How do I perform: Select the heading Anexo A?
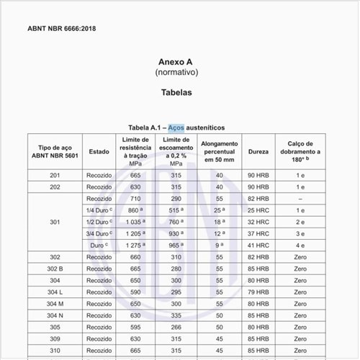(x=176, y=62)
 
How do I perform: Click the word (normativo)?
(x=176, y=73)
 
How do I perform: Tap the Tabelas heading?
(x=176, y=93)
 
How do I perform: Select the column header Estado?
(x=99, y=152)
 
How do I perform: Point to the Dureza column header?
(x=258, y=152)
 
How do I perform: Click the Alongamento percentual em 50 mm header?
(x=218, y=152)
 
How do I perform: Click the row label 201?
(x=55, y=175)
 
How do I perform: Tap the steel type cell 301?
(x=55, y=222)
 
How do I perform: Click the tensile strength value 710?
(x=135, y=198)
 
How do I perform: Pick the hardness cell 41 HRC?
(x=258, y=245)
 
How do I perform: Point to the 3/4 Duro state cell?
(x=99, y=233)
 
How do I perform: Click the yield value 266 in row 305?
(x=175, y=327)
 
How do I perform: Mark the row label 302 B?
(x=55, y=269)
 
